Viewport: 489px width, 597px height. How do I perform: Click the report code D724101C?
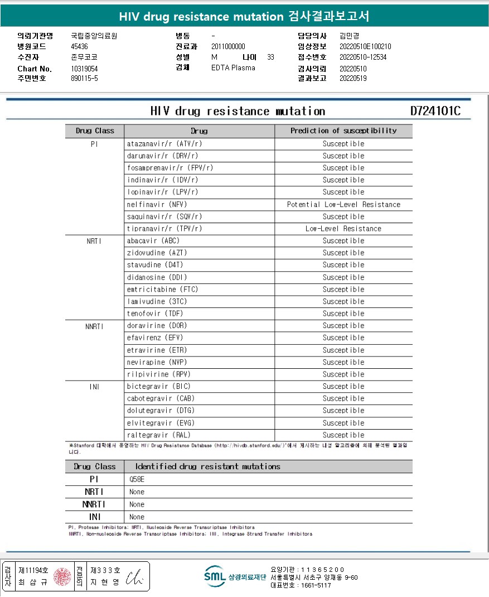click(435, 110)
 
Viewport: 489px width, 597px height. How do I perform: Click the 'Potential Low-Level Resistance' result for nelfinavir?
click(343, 204)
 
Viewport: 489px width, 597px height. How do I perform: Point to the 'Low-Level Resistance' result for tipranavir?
click(343, 229)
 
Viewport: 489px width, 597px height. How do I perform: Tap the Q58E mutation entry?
click(137, 479)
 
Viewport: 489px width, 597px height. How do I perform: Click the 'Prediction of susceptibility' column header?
click(343, 131)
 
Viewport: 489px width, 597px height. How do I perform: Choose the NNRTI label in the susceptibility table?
click(94, 326)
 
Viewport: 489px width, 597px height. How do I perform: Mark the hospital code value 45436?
click(79, 46)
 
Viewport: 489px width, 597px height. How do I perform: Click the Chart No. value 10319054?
click(84, 68)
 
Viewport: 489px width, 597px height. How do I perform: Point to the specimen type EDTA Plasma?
click(233, 68)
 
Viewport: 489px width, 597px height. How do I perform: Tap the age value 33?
click(270, 57)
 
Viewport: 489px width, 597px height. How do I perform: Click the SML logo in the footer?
click(214, 576)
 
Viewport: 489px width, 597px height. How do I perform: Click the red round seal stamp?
click(62, 576)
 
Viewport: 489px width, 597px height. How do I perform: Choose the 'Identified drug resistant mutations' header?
click(207, 466)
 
